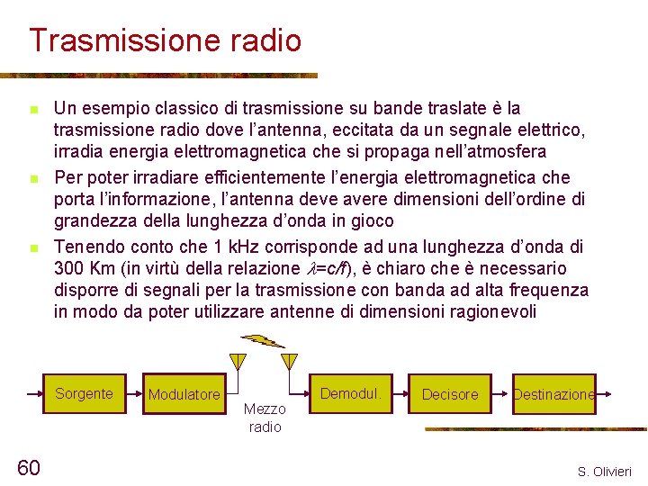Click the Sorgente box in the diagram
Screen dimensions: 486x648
84,394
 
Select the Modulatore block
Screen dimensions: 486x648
184,395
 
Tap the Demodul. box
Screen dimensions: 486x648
351,394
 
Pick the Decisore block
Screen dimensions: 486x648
450,394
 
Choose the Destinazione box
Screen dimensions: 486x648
553,394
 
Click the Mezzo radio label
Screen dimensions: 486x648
265,418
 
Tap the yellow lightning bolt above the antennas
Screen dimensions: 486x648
265,341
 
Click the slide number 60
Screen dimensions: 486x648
29,466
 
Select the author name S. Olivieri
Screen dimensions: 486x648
605,472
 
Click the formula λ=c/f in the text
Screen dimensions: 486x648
337,269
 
